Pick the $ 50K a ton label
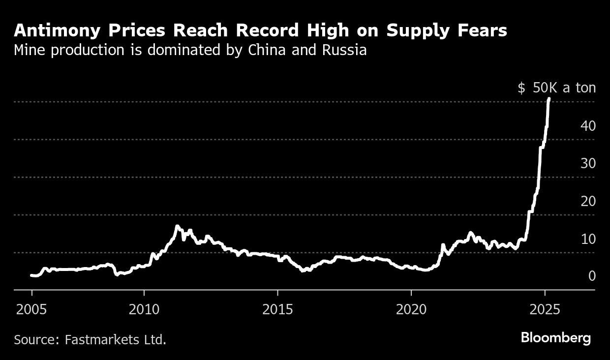(x=556, y=88)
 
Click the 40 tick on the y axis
(x=588, y=126)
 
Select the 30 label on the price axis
(x=588, y=164)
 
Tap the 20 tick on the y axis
(x=588, y=201)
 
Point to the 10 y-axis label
(x=588, y=239)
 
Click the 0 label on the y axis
(x=592, y=276)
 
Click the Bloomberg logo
(x=555, y=338)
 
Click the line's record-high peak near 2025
(x=549, y=99)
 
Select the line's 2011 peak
(x=177, y=226)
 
